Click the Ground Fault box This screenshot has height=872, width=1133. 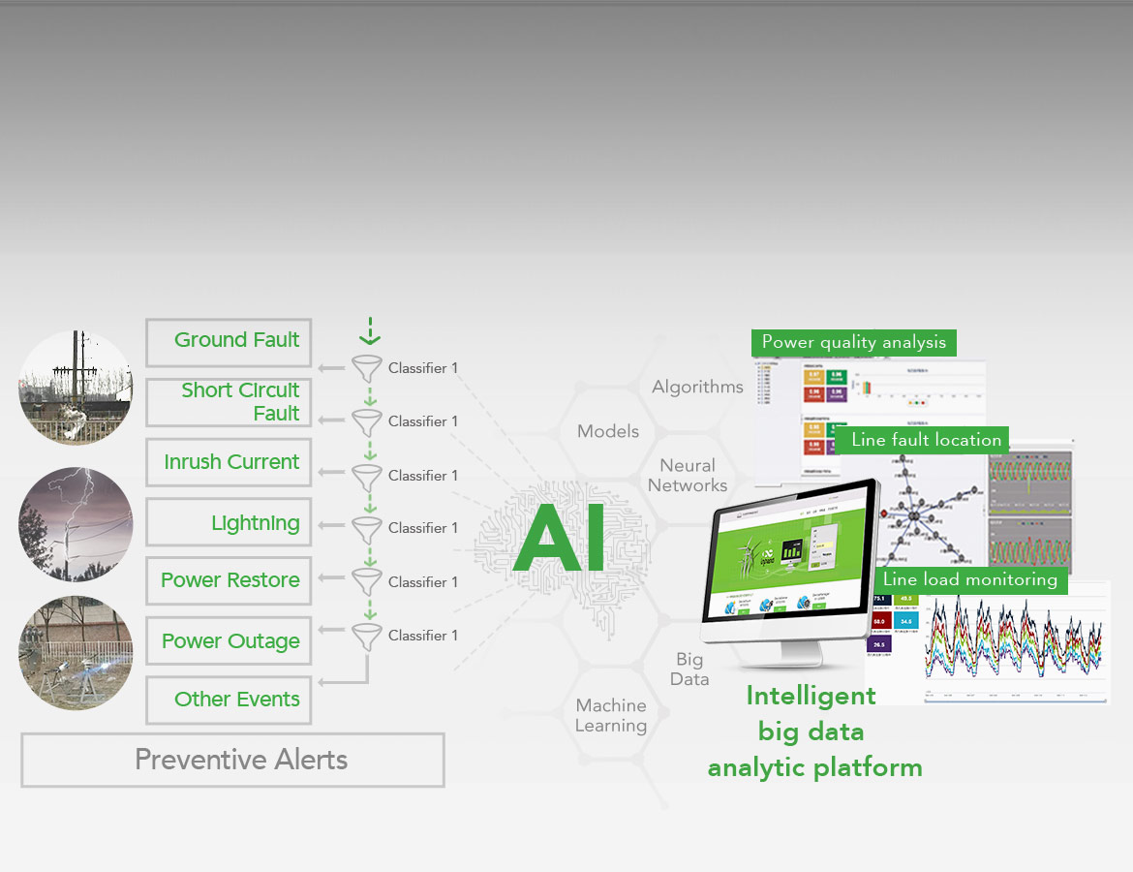[x=229, y=342]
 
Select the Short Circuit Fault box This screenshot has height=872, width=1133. [x=229, y=402]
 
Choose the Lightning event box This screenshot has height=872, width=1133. [x=229, y=523]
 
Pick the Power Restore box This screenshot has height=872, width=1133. [x=229, y=581]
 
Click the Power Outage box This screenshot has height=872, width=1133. [x=229, y=641]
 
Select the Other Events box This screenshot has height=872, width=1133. [x=229, y=700]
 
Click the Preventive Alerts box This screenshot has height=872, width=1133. [x=232, y=760]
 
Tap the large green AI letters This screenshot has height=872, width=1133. [x=560, y=539]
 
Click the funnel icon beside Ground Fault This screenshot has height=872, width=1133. [x=367, y=368]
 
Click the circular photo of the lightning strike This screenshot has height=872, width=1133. [x=76, y=524]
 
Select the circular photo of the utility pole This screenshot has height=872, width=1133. [x=76, y=388]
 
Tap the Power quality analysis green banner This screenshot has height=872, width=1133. [x=854, y=342]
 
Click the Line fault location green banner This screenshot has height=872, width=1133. [x=926, y=440]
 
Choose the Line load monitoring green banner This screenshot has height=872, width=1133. [x=970, y=579]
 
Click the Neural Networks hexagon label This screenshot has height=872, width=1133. [x=688, y=476]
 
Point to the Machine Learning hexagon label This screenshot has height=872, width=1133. [x=610, y=716]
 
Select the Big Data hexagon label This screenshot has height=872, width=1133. [x=689, y=670]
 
